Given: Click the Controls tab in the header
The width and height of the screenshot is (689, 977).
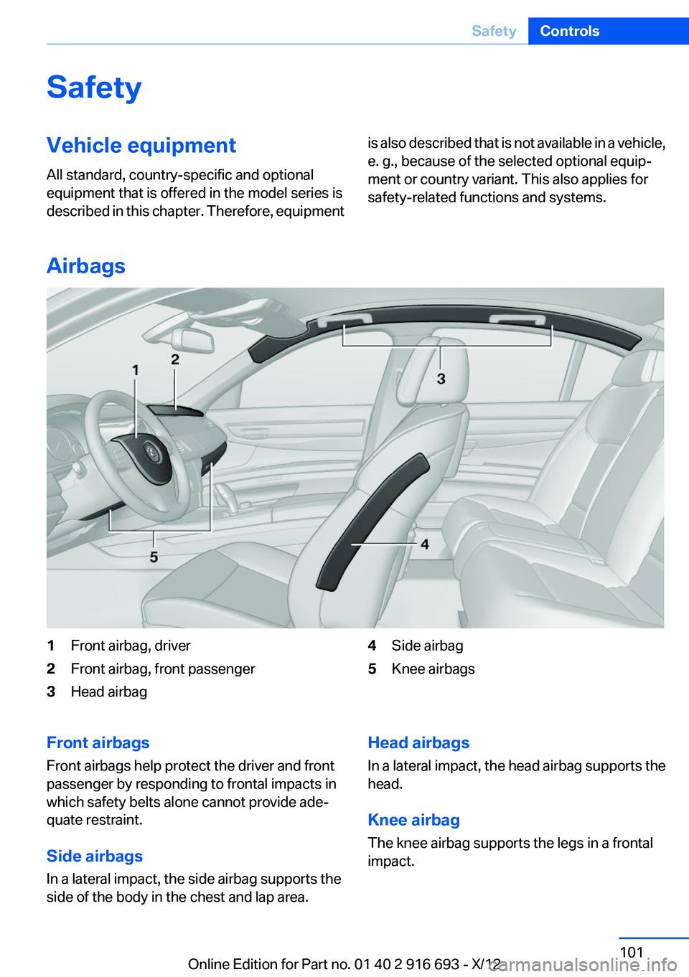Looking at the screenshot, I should pos(569,31).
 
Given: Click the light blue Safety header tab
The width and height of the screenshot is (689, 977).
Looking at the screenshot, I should pos(494,31).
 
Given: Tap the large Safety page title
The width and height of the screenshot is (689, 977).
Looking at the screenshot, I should pos(94,88).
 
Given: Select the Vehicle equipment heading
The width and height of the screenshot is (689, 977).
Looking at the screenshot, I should pos(141,146).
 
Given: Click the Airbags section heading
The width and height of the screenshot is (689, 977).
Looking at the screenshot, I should pos(86,266).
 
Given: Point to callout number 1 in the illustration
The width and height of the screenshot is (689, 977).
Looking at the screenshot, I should pos(135,370).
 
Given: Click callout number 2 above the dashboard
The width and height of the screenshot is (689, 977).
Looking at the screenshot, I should pos(175,359).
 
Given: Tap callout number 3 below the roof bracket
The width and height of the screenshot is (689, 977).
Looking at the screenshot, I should pos(441,378).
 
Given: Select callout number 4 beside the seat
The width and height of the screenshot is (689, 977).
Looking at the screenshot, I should pos(425,544).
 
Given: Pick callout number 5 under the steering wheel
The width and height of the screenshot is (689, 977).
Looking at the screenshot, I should pos(154,557).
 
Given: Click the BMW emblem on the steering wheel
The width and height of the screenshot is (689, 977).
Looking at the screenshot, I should pos(151,453).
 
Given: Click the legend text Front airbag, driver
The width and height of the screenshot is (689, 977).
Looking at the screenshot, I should pos(131,646).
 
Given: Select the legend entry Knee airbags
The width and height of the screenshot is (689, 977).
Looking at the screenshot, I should pos(433,669).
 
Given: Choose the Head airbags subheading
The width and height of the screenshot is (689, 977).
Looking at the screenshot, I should pos(418,743).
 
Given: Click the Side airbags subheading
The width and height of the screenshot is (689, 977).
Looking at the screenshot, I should pos(95,856).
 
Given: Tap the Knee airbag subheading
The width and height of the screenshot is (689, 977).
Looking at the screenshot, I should pos(413,821).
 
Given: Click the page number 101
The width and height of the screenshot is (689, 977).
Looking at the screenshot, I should pos(632,952).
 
